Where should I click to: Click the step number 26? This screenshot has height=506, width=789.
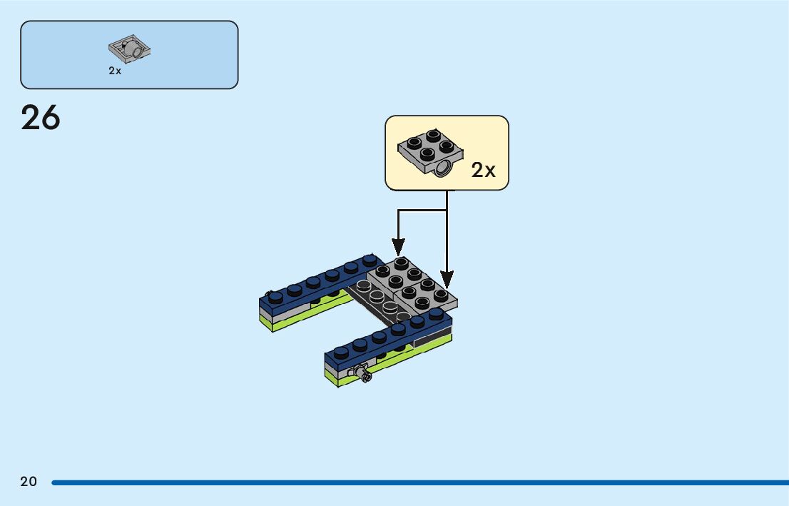[41, 118]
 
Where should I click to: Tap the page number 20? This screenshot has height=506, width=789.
[29, 482]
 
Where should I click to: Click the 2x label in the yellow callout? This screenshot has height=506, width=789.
[483, 170]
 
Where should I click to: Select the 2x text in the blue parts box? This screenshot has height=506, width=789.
[115, 71]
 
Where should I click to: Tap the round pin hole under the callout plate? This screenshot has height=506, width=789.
[444, 168]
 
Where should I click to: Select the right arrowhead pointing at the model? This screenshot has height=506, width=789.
[447, 279]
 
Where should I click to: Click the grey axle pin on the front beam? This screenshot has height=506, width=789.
[360, 373]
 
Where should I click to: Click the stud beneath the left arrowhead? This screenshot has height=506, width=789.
[400, 264]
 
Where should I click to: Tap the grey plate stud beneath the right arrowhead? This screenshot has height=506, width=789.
[442, 293]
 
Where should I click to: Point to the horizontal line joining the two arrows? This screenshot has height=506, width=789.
[422, 211]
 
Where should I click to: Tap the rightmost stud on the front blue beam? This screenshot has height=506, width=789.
[438, 314]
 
